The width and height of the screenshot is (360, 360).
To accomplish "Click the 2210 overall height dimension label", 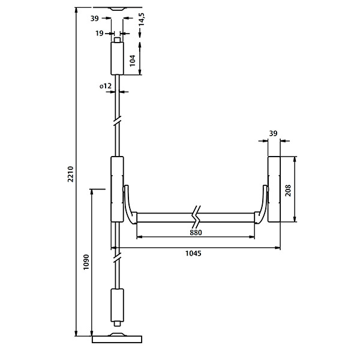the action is [70, 174].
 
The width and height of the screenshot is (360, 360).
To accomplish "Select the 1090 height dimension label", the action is [86, 262].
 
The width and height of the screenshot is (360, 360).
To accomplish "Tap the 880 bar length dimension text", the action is [196, 233].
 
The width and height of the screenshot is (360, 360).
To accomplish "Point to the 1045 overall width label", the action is [193, 253].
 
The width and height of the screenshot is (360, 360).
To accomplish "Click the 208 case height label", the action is [287, 190].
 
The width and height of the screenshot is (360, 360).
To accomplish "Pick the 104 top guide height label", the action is [133, 61].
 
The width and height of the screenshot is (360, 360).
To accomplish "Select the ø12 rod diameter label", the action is [106, 86].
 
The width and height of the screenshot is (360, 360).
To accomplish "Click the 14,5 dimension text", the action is [142, 19].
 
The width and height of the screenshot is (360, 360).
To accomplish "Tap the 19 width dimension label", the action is [100, 33].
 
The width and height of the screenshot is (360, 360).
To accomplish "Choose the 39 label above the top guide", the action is [94, 19].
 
